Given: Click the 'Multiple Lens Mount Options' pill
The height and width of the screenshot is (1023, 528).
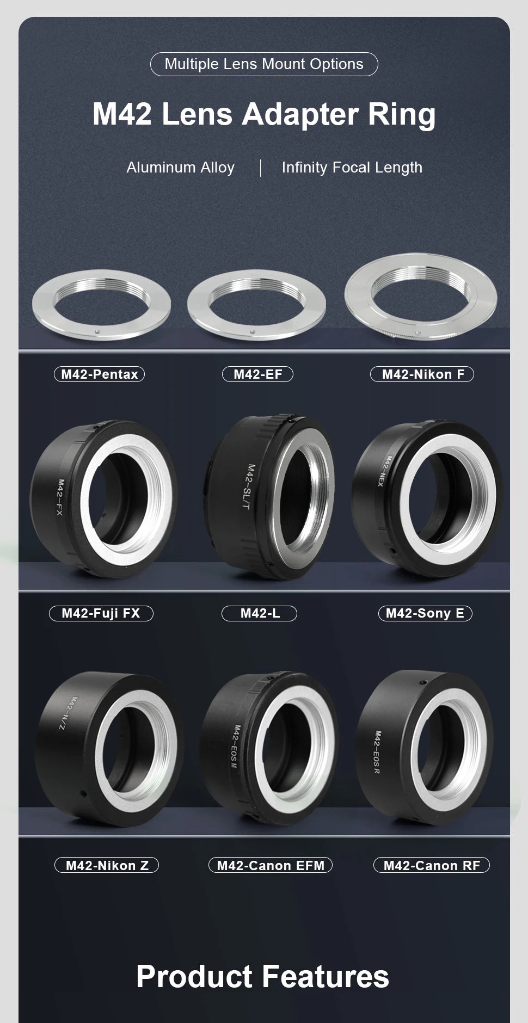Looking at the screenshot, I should tap(263, 64).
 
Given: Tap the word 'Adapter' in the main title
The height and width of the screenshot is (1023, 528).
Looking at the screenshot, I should tap(300, 114).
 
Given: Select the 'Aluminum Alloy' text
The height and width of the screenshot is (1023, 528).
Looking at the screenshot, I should tap(180, 168).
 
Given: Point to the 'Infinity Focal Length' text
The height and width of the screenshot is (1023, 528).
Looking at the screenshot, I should tap(352, 168).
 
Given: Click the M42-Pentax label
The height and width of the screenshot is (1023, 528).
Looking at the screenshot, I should tap(99, 374).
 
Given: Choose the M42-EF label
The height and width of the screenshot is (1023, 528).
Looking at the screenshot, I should tap(257, 374).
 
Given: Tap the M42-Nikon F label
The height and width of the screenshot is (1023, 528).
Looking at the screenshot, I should tap(422, 374).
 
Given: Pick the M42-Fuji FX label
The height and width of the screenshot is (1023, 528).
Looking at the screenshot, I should tap(101, 613).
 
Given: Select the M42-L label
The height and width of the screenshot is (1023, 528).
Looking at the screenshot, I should tap(260, 613).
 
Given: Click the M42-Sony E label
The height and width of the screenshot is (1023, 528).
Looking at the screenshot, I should tap(425, 613).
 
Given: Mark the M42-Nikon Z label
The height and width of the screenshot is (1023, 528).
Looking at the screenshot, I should tap(107, 865).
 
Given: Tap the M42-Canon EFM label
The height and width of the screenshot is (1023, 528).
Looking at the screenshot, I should tap(271, 865).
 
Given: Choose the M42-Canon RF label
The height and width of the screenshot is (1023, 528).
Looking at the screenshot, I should tap(432, 865).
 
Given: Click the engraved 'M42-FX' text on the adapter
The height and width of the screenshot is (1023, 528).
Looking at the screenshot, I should tap(61, 497).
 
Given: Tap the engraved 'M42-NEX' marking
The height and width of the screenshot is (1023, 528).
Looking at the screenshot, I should tap(385, 470).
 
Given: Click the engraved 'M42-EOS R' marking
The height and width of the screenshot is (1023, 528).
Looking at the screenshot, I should tap(377, 751).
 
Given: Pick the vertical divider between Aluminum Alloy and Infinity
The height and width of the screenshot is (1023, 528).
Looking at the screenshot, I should tap(261, 168).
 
